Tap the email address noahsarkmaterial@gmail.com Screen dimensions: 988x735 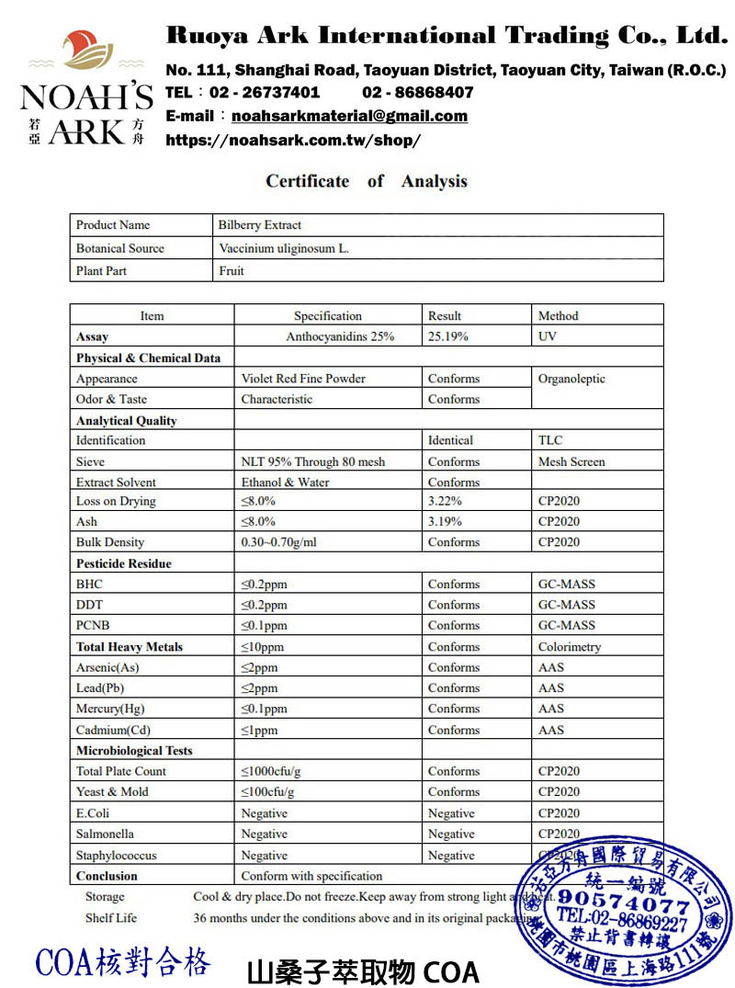point(349,116)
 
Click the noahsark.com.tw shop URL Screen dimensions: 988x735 point(293,141)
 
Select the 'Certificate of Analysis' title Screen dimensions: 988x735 point(367,181)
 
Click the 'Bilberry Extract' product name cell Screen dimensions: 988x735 point(260,225)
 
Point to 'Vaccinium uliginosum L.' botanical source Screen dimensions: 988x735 point(284,248)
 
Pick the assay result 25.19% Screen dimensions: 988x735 point(448,336)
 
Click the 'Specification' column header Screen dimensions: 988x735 point(328,316)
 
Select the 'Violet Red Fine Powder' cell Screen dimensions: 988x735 point(303,379)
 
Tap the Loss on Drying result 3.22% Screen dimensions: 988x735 point(445,501)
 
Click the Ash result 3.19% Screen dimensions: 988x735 point(445,521)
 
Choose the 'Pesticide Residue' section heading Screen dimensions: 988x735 point(124,563)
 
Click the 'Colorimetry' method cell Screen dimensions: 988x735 point(570,647)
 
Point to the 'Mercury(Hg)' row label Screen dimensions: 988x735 point(110,709)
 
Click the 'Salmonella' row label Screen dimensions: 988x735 point(105,834)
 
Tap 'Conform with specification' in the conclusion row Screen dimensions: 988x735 point(311,876)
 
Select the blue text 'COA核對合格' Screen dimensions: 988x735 point(123,962)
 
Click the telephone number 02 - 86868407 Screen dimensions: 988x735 point(418,92)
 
